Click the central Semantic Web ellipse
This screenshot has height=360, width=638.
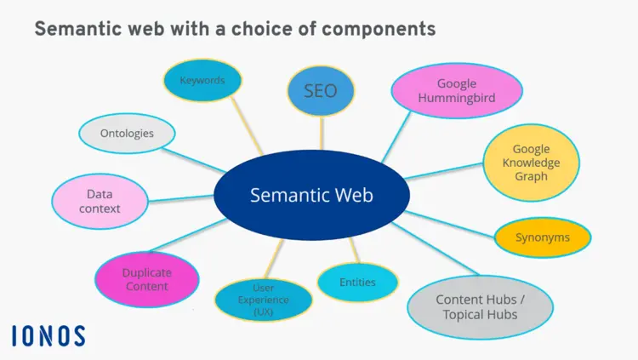311,196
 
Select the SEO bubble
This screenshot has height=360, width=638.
321,91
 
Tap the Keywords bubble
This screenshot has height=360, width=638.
202,81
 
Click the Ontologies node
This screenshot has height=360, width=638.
127,134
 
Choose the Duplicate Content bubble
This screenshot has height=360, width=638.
146,279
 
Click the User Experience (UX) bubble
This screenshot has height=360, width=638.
263,300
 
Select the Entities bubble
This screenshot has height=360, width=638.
357,282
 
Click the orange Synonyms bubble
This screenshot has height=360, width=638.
543,237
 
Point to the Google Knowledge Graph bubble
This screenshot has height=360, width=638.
531,163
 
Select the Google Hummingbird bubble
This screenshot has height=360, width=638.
456,91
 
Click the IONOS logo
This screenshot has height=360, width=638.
48,335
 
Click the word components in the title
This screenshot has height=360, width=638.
374,30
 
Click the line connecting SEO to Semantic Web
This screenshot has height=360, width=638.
322,134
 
